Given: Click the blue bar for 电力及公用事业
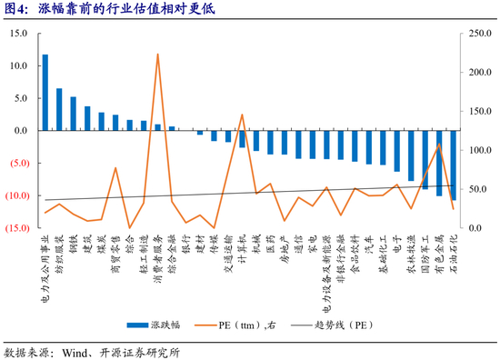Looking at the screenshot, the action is pos(45,93).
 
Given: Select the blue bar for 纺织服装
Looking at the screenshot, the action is pos(59,109).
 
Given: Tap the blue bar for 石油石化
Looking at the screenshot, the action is pos(453,165).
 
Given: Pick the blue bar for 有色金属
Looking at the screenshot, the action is pos(439,163).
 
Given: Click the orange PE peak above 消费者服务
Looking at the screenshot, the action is pos(157,55).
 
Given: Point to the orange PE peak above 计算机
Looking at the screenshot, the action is pos(242,115).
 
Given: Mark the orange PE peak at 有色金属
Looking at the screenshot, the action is pos(439,144).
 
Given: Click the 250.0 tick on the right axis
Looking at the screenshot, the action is pos(480,33).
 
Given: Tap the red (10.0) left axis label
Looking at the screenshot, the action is pos(17,195).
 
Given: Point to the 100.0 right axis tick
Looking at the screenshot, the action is pos(480,150).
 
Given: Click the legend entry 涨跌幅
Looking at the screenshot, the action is pos(154,325).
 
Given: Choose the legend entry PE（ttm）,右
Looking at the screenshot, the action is pos(235,325).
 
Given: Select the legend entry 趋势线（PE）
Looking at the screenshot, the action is pos(332,325).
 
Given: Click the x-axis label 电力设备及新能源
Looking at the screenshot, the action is pos(327,274).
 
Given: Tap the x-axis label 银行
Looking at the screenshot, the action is pos(185,244).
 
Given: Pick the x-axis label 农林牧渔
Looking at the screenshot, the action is pos(411,254).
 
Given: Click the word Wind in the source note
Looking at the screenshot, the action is pos(75,353).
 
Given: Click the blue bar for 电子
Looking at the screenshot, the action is pos(396,151).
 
